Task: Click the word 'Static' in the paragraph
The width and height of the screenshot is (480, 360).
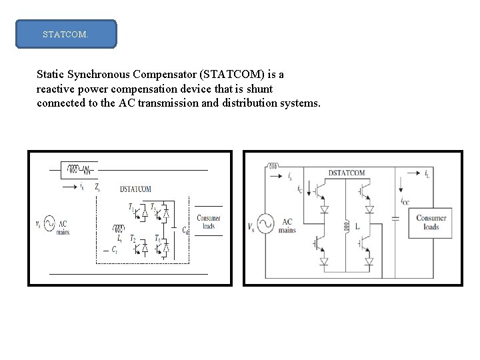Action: [x=51, y=75]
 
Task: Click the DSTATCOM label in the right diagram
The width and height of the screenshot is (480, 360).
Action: [x=347, y=173]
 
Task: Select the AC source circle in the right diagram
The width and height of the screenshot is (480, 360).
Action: [x=265, y=224]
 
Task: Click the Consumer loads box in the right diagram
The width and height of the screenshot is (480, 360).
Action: [x=431, y=223]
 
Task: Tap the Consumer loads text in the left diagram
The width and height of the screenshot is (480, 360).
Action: [x=209, y=222]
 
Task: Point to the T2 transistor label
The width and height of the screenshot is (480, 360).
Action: [x=133, y=239]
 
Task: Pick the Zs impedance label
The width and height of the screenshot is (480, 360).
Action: [x=97, y=188]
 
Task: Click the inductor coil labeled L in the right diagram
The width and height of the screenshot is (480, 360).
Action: [x=347, y=227]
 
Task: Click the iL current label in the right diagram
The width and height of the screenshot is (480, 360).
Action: [x=427, y=173]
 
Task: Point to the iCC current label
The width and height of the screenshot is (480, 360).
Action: [x=405, y=200]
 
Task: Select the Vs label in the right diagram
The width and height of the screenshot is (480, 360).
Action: [x=251, y=227]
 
